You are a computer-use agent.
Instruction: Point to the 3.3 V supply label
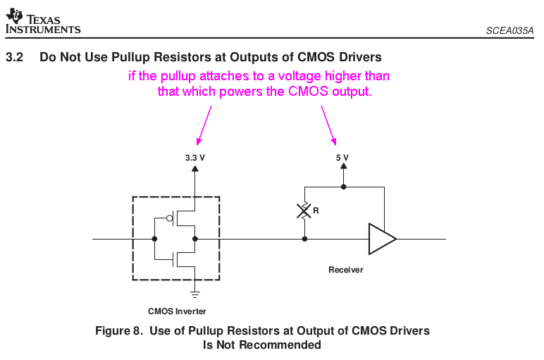pos(194,158)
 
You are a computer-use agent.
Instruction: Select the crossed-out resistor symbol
pos(304,210)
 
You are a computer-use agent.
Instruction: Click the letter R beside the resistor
pos(316,210)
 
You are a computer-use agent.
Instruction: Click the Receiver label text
pos(346,270)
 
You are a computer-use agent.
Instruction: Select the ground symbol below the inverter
pos(195,292)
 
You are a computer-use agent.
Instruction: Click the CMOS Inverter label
pos(177,311)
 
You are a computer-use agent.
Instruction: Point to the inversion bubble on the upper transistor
pos(170,218)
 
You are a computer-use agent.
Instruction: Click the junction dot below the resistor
pos(304,239)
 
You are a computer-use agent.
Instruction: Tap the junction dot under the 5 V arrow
pos(343,187)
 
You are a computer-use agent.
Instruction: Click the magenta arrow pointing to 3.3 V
pos(204,125)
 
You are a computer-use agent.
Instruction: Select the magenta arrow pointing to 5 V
pos(329,125)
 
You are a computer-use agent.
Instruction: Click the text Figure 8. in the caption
pos(118,330)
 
